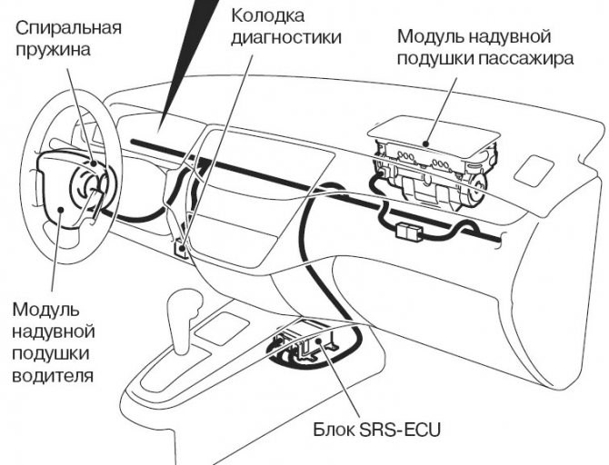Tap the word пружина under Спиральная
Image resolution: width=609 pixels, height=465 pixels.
(53, 49)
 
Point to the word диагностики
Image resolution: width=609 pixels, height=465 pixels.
(285, 38)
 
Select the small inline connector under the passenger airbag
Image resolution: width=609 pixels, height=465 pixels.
(408, 230)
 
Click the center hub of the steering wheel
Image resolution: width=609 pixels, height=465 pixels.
(91, 187)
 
